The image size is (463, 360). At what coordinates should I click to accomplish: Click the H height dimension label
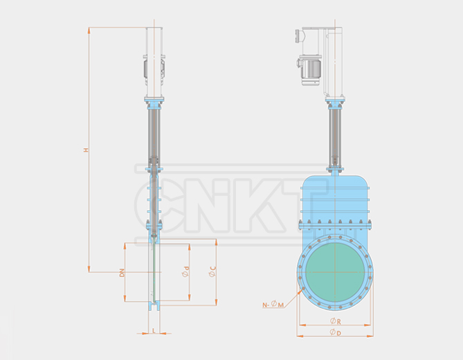point(86,150)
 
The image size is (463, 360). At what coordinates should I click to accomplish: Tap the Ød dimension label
point(185,272)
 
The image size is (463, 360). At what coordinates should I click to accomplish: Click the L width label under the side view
point(154,331)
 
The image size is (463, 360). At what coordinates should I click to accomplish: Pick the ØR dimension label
point(334,321)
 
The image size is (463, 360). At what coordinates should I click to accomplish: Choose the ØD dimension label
point(334,333)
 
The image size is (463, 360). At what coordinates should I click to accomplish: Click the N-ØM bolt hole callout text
point(273,304)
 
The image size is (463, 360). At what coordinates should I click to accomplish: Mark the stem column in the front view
point(335,138)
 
